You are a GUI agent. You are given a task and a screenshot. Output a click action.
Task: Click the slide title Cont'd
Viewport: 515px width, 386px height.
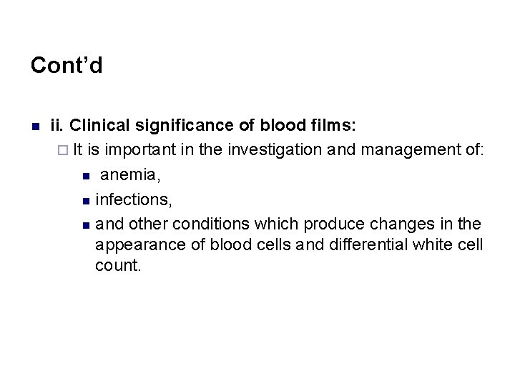pos(67,66)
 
